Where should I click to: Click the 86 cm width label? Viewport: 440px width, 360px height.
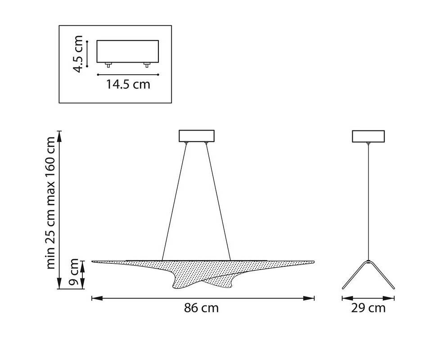point(201,308)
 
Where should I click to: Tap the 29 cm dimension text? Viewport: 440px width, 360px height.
point(368,308)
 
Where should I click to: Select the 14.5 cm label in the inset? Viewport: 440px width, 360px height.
point(128,84)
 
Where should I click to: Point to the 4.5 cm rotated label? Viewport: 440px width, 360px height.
point(78,54)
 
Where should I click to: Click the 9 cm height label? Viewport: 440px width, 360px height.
point(74,272)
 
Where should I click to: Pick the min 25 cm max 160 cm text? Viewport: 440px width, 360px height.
point(50,203)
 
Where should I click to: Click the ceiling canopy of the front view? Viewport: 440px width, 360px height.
point(197,136)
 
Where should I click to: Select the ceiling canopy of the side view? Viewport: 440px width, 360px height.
point(368,136)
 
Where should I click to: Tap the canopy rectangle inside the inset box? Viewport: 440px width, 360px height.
point(128,51)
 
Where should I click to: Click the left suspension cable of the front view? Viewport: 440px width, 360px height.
point(174,202)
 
